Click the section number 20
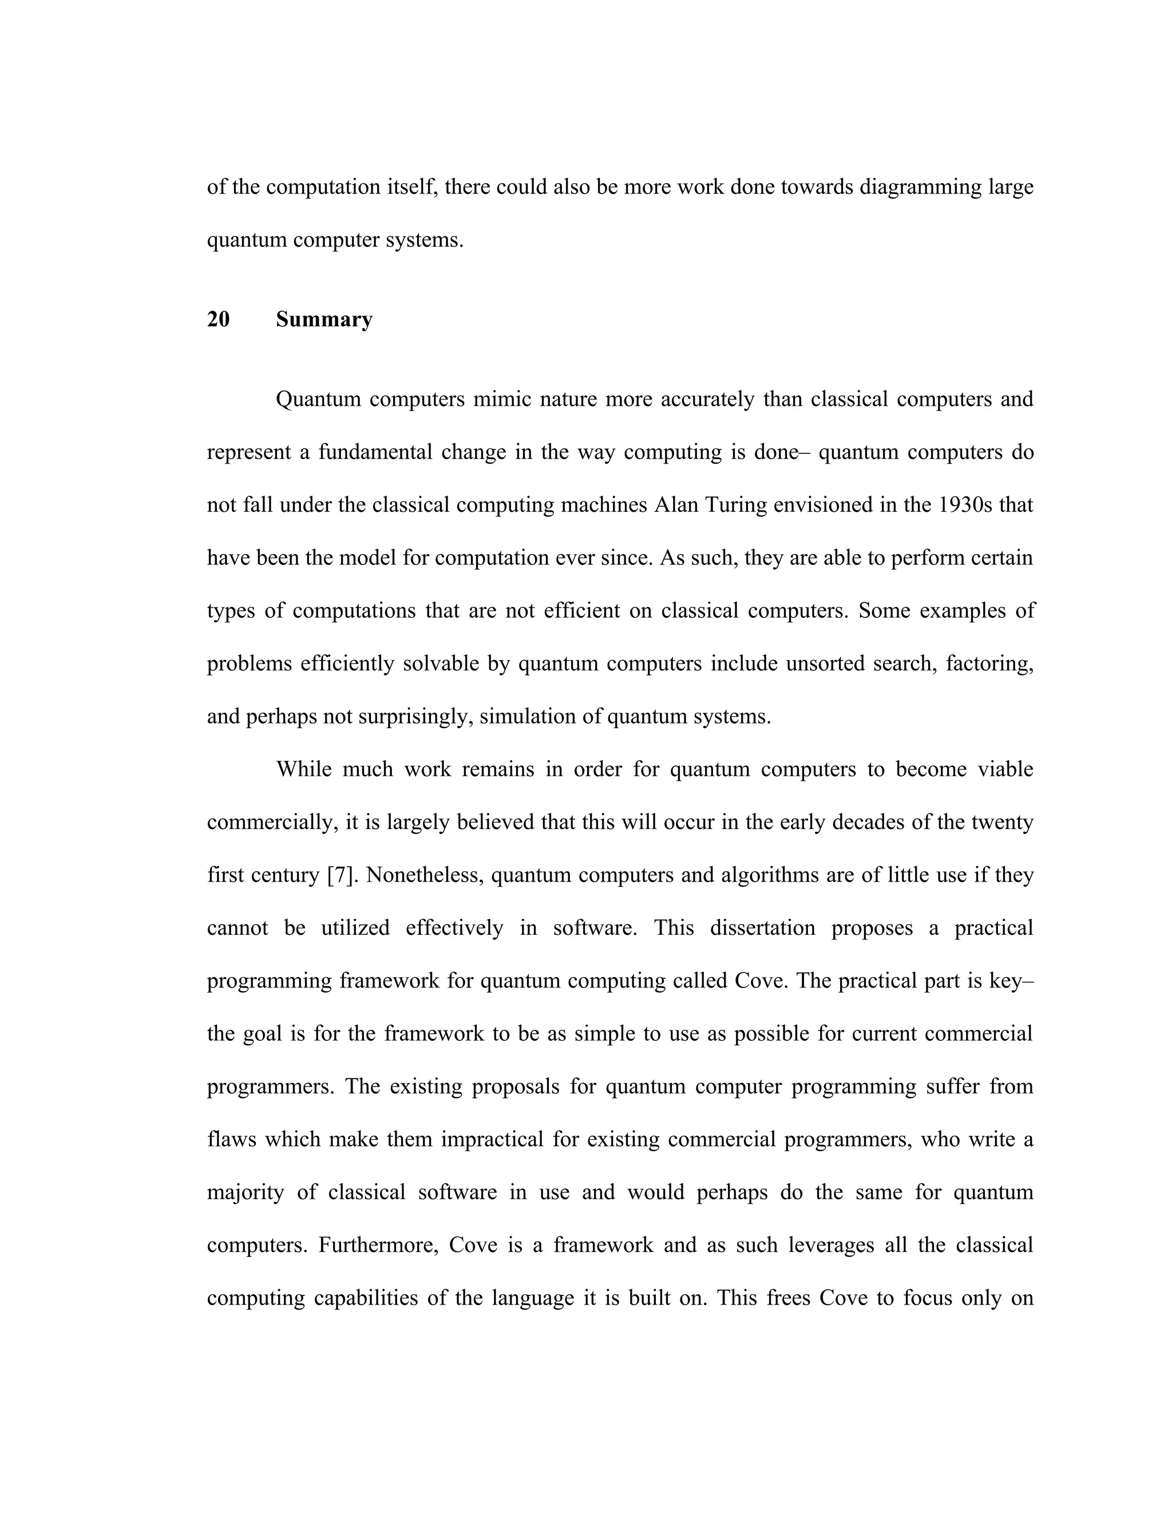[x=218, y=319]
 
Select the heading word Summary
[x=324, y=319]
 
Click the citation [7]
[x=340, y=875]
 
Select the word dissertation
[x=762, y=928]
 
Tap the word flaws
[x=231, y=1140]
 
